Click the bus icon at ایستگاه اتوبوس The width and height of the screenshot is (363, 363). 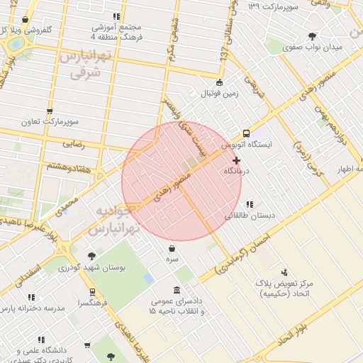point(246,133)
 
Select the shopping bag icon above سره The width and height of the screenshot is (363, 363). point(173,248)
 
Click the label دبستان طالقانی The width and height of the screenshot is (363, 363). point(249,214)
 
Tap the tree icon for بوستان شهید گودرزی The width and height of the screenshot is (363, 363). point(91,256)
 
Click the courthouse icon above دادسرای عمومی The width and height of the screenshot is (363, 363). point(176,292)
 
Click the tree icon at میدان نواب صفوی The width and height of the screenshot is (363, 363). point(312,37)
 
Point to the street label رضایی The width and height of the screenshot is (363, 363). point(74,143)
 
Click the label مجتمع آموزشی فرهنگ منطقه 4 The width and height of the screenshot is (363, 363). point(116,30)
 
